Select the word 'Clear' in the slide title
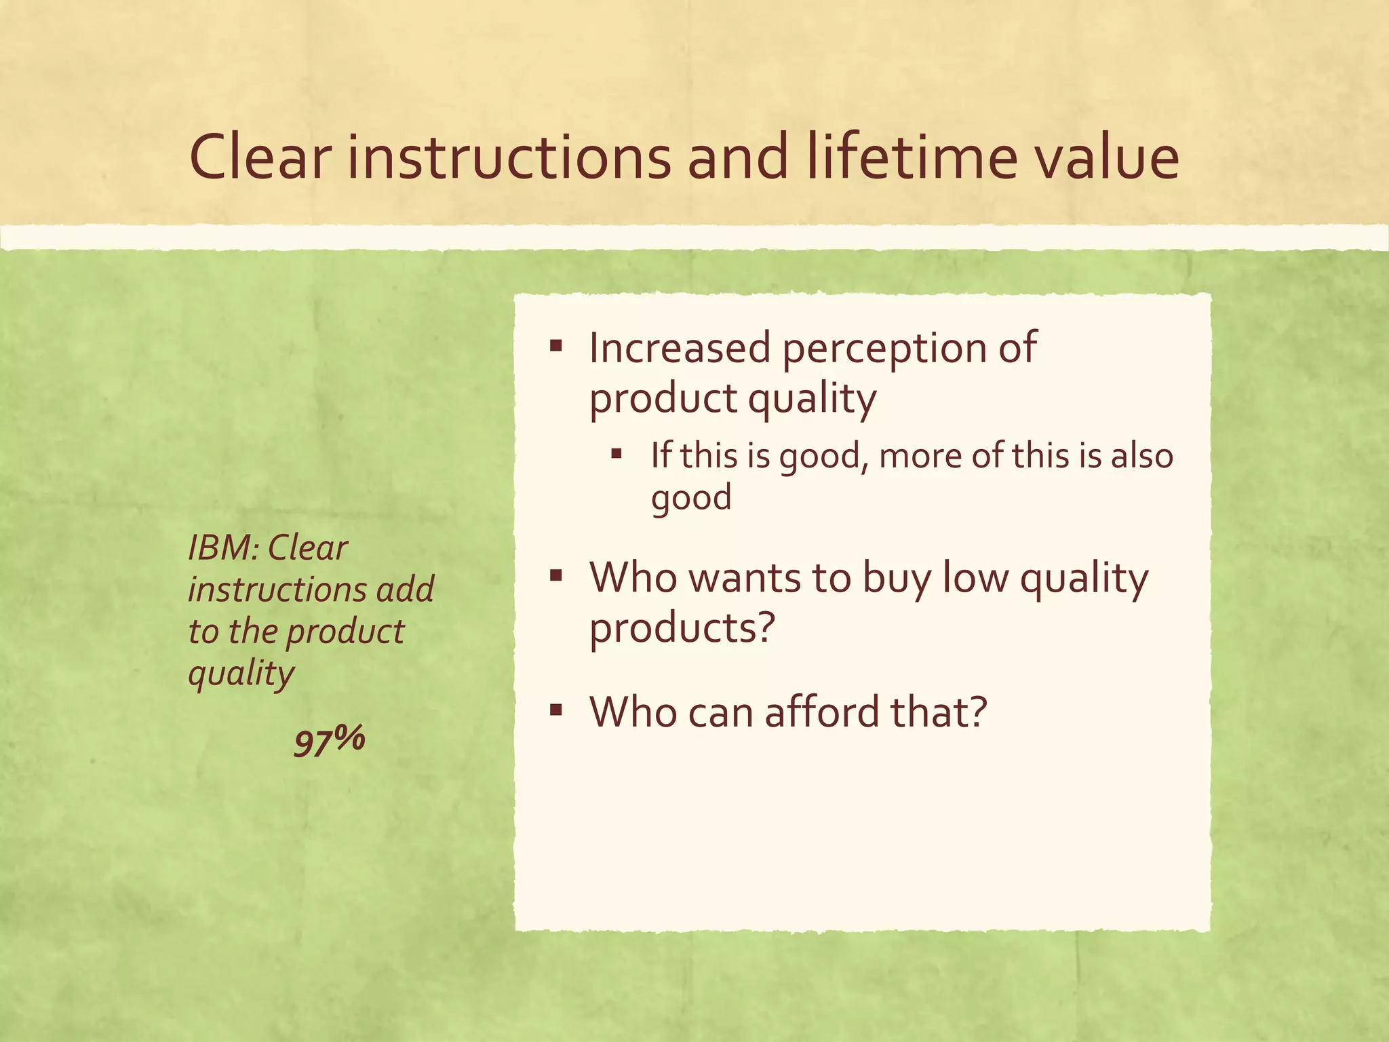pos(260,157)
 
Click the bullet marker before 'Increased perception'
pos(556,347)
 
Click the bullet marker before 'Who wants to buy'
pos(556,577)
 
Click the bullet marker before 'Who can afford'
pos(556,711)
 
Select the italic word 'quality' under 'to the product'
pos(241,674)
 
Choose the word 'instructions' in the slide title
pos(509,157)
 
